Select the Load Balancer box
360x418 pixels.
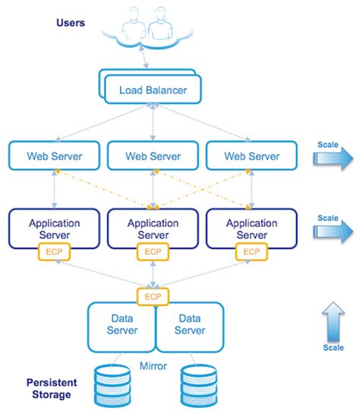(152, 91)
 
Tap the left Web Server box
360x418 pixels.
(54, 156)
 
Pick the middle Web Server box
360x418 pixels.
(153, 156)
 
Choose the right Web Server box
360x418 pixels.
(252, 156)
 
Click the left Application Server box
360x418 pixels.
(54, 228)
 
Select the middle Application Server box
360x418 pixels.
(153, 228)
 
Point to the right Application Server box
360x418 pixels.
(252, 228)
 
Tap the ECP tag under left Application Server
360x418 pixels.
(54, 252)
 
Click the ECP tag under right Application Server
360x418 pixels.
(252, 252)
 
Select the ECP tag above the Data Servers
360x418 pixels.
(153, 296)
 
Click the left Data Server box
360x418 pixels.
(122, 325)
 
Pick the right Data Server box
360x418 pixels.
(190, 325)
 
